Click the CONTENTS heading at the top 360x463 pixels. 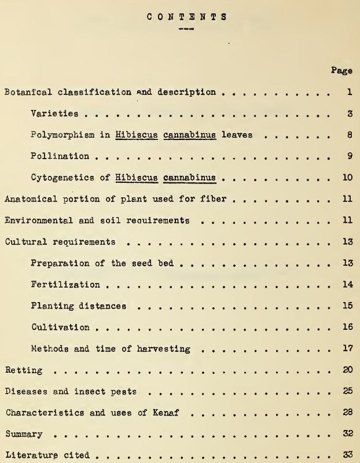[x=181, y=16]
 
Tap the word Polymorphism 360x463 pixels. [x=61, y=135]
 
